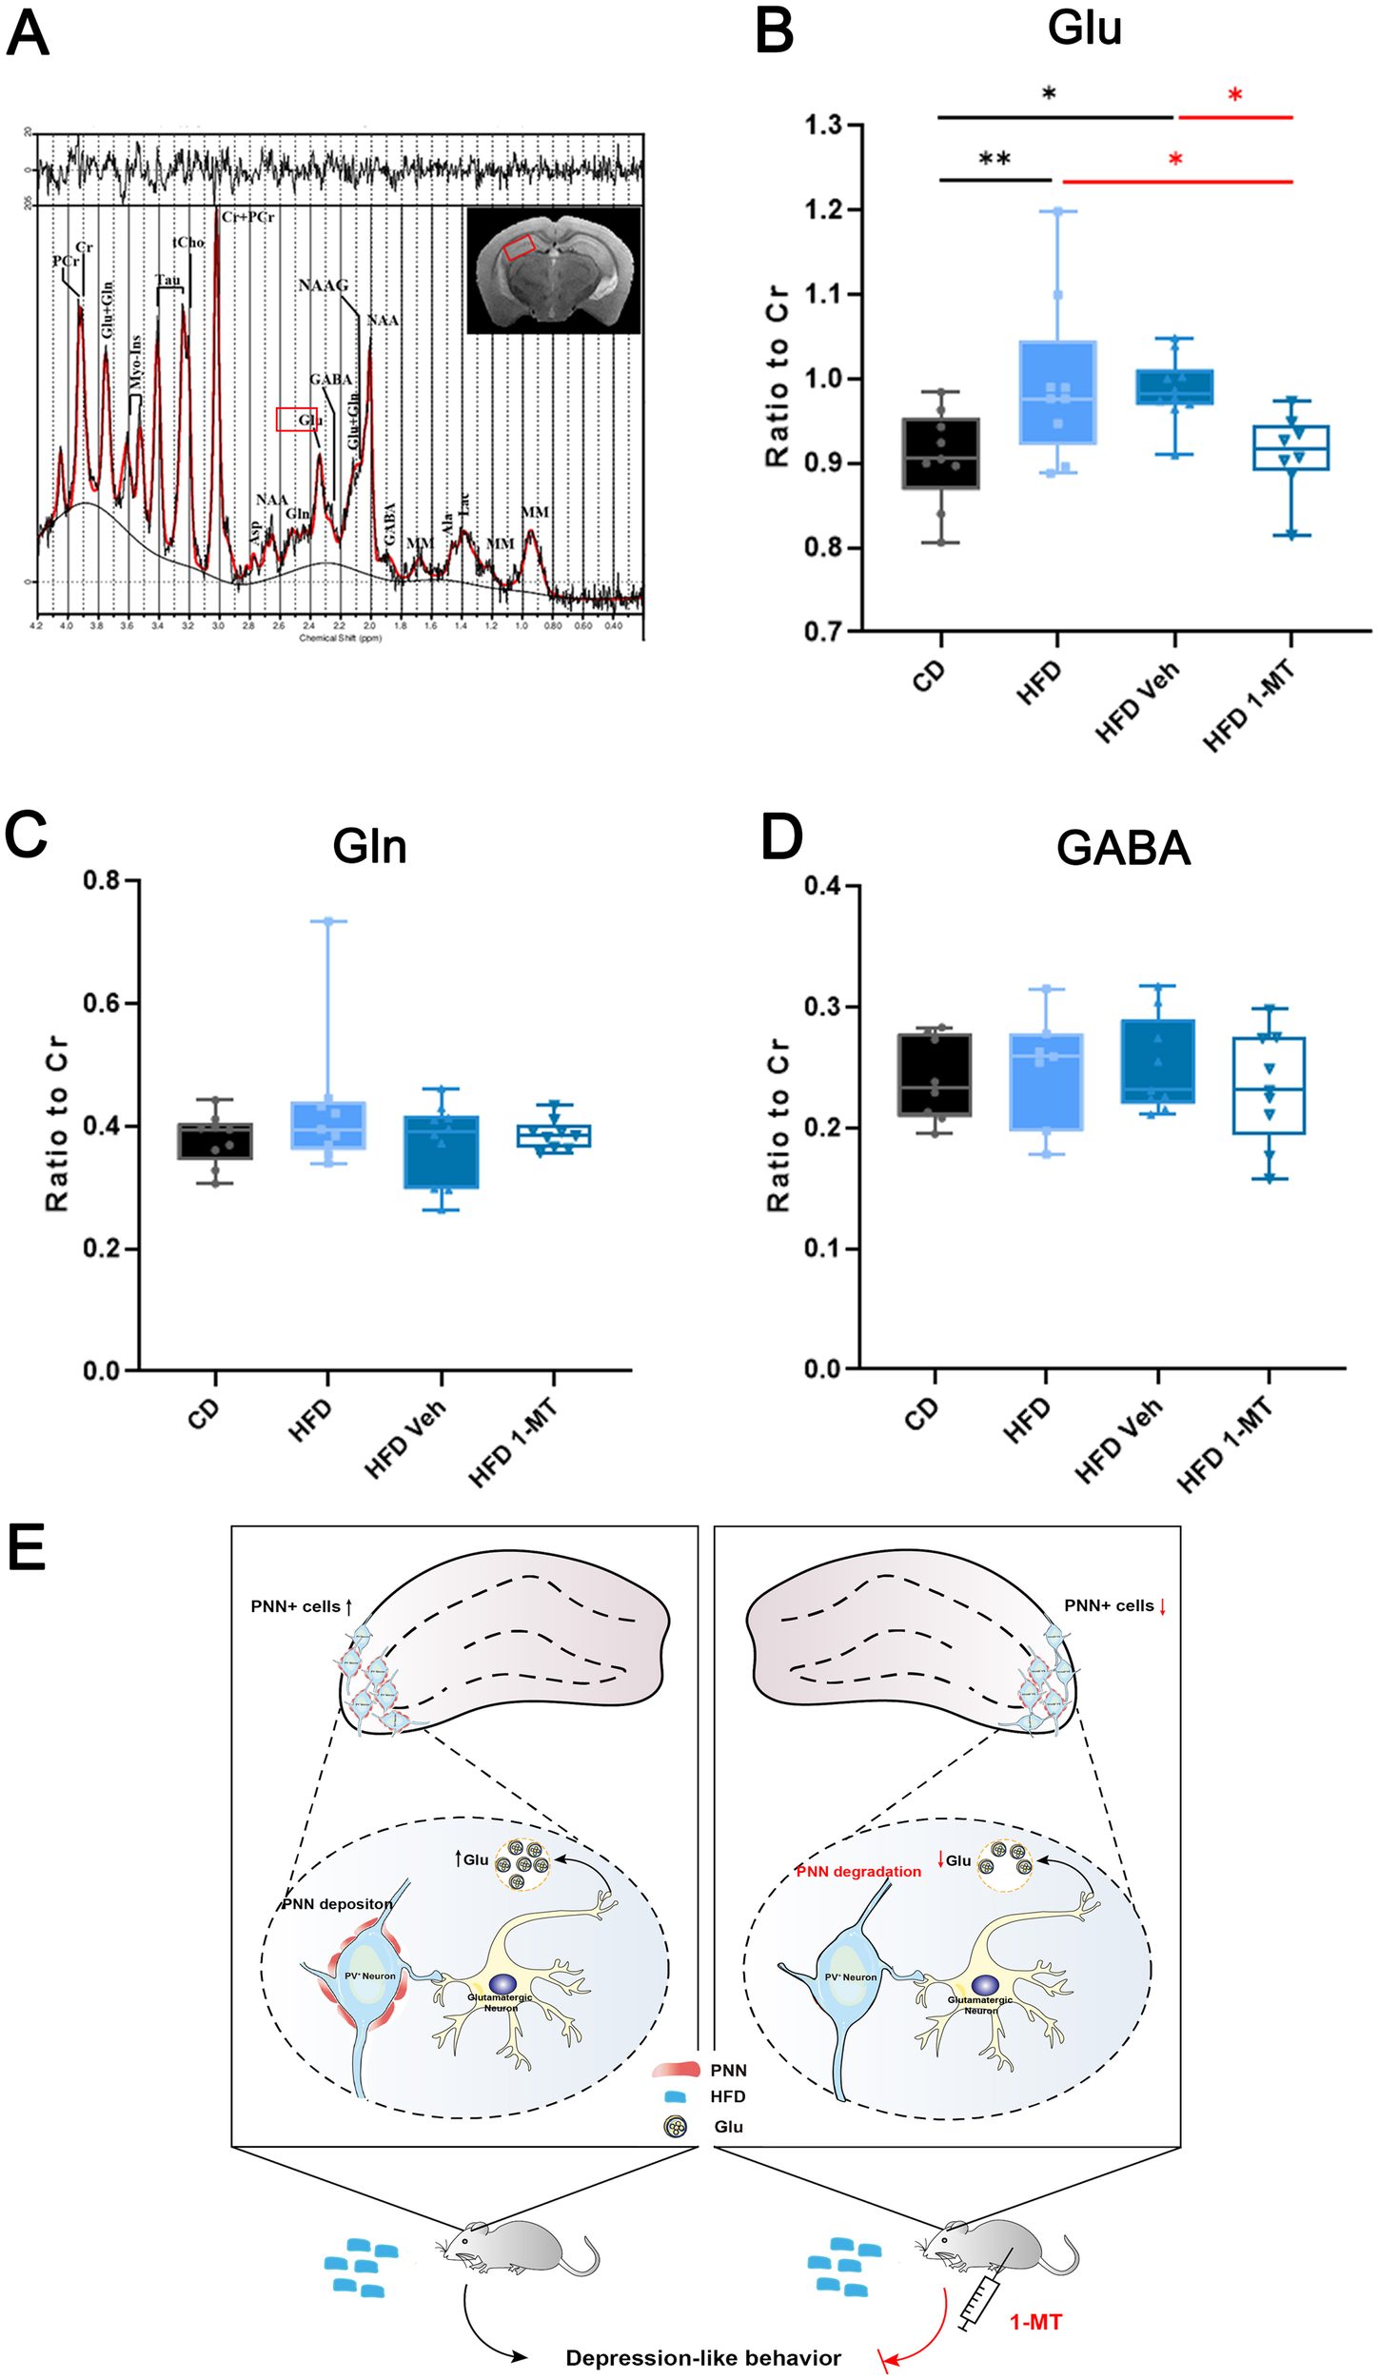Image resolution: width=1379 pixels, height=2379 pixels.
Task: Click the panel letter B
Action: (x=774, y=30)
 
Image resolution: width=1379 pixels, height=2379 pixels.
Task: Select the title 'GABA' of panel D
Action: (x=1122, y=848)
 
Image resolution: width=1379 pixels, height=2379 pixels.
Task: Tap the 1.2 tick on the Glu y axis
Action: (x=824, y=209)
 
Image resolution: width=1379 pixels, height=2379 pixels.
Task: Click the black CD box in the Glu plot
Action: (x=940, y=454)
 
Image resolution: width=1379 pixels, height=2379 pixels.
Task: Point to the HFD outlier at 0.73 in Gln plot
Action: (x=328, y=921)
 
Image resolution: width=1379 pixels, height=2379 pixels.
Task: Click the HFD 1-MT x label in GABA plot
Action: (x=1225, y=1443)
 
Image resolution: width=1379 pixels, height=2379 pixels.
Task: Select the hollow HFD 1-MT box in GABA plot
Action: (x=1268, y=1085)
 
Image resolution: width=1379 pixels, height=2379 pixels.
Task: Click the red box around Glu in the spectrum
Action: (x=296, y=420)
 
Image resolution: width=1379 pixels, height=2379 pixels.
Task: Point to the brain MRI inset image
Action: (x=554, y=269)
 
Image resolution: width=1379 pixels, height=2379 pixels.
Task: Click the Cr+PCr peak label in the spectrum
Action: (x=248, y=217)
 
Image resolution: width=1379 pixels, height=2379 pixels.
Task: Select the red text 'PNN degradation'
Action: (x=857, y=1871)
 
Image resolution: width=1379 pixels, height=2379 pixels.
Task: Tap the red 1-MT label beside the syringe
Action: (x=1034, y=2322)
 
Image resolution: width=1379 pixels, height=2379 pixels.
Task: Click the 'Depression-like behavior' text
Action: (x=702, y=2357)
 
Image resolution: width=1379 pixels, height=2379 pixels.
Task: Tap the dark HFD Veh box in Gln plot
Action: (x=441, y=1151)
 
